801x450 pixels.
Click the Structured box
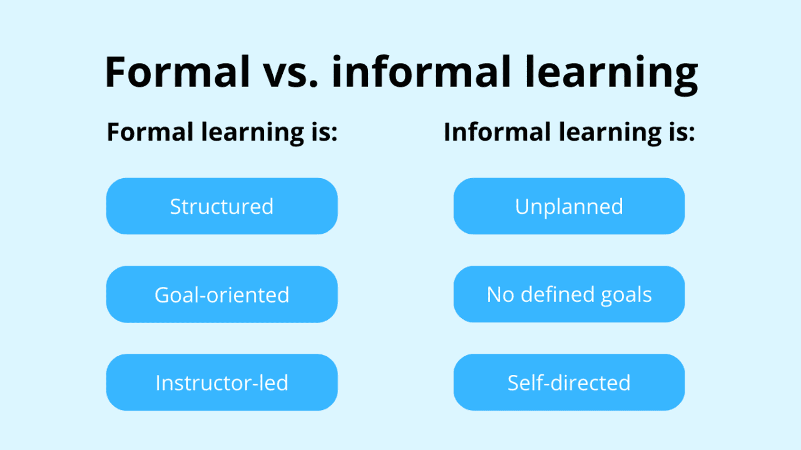(x=222, y=206)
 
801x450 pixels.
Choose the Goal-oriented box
(x=222, y=294)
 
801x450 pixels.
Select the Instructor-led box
(x=222, y=382)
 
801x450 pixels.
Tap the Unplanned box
(x=569, y=206)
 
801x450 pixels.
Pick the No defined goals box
(x=569, y=294)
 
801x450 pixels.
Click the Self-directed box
(x=569, y=382)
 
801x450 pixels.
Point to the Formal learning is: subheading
(x=222, y=132)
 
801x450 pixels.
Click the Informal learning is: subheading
(x=569, y=132)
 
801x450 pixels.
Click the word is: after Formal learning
(x=322, y=132)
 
